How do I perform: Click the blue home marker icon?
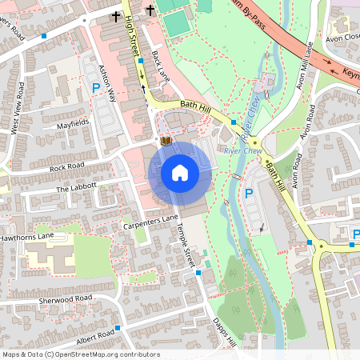pos(180,173)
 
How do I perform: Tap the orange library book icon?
pos(166,141)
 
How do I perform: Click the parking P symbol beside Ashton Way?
pos(96,87)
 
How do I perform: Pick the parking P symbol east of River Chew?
pos(248,194)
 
